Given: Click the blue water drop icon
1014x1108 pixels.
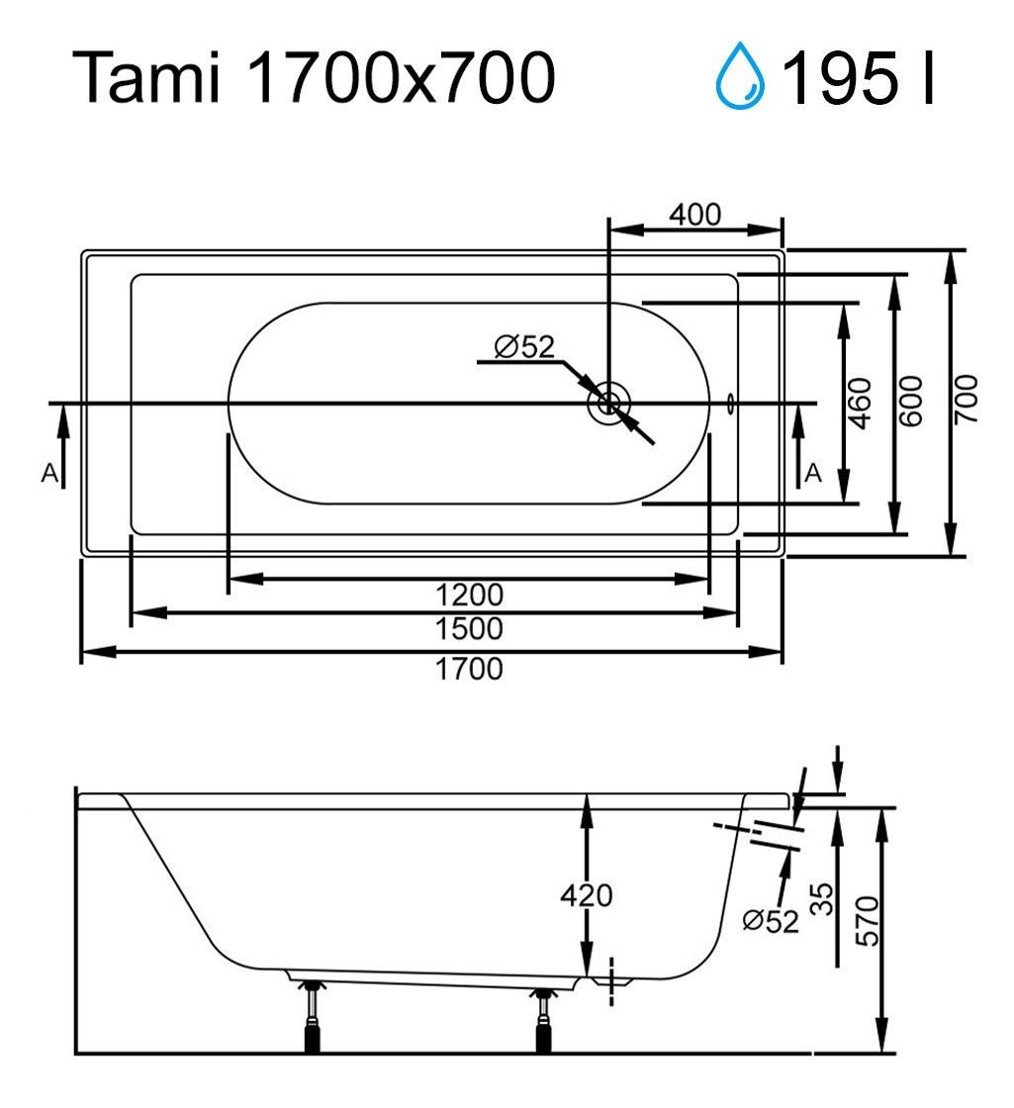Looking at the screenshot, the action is (x=740, y=75).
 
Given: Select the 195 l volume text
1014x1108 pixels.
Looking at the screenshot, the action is (x=858, y=78).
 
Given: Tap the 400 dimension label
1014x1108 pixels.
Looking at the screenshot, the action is (x=695, y=214).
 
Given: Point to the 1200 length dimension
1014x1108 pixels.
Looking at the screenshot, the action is (x=469, y=595).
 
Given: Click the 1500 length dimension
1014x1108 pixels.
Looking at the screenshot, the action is (x=469, y=628).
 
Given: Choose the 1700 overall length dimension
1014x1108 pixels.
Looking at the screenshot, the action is (x=469, y=669).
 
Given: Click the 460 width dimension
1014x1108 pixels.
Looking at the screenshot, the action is (x=860, y=403).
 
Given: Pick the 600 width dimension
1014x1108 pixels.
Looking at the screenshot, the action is (x=910, y=401).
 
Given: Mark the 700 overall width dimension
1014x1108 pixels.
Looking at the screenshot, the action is (x=966, y=400).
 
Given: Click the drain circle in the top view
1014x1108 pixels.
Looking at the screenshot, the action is (x=607, y=405).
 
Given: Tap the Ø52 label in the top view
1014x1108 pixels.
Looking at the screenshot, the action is (x=524, y=346).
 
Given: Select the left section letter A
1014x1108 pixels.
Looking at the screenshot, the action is (x=49, y=472).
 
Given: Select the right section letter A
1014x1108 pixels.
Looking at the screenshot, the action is (x=813, y=472).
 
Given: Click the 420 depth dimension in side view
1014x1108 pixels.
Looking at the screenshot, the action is (x=586, y=895).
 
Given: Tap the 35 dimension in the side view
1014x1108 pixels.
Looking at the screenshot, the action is (x=821, y=899).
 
